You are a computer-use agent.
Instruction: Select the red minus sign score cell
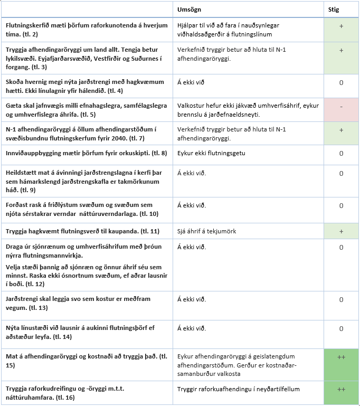click(x=341, y=107)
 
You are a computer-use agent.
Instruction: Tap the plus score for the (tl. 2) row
click(x=341, y=25)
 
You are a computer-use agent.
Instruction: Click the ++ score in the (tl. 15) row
click(x=341, y=357)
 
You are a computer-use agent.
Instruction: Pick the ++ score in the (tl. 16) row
click(x=341, y=389)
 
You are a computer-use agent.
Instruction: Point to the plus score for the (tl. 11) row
click(x=341, y=232)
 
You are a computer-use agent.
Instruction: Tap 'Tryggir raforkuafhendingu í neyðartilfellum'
click(x=239, y=389)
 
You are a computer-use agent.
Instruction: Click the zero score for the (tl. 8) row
click(x=341, y=153)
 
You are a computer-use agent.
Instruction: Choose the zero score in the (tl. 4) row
click(x=341, y=82)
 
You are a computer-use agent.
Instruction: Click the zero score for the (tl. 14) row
click(x=341, y=328)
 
